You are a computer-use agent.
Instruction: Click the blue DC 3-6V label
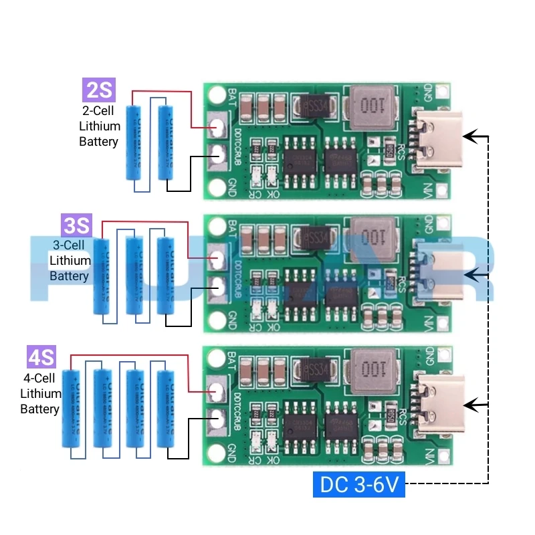point(359,485)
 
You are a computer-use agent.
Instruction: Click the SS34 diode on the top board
point(313,105)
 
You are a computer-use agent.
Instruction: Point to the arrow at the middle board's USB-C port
point(476,273)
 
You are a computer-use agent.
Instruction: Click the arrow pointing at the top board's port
point(476,137)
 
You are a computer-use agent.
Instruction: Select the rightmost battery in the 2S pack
point(166,142)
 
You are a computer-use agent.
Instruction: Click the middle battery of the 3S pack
point(135,275)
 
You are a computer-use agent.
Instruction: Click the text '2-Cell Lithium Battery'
point(99,126)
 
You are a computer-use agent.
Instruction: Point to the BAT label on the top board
point(231,96)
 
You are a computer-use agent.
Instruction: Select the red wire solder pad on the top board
point(217,126)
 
